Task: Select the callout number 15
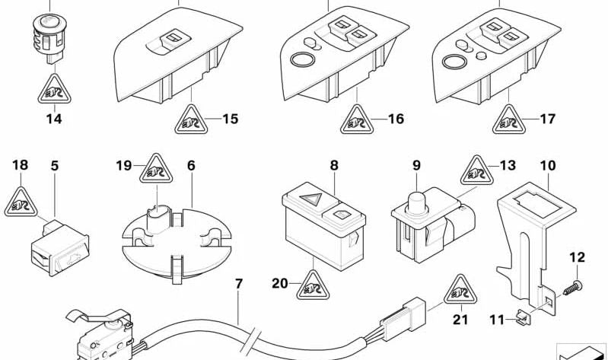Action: point(230,119)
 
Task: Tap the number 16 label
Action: point(395,119)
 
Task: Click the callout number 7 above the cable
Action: point(239,285)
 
